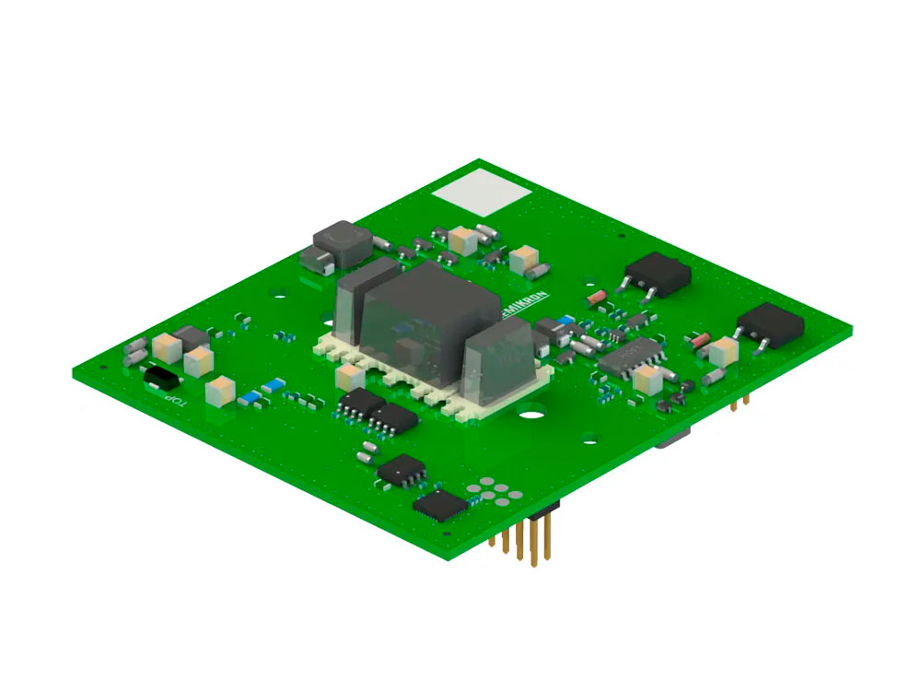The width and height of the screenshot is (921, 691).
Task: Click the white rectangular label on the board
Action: [x=482, y=196]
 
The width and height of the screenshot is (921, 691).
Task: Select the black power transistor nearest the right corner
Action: [x=769, y=325]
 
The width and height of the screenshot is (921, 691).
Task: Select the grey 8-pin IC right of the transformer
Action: [x=630, y=355]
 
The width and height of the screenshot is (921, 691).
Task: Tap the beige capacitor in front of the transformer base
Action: [x=350, y=375]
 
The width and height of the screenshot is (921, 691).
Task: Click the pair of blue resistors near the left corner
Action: [x=261, y=392]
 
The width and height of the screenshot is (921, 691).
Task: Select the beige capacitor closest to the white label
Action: [x=465, y=241]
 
